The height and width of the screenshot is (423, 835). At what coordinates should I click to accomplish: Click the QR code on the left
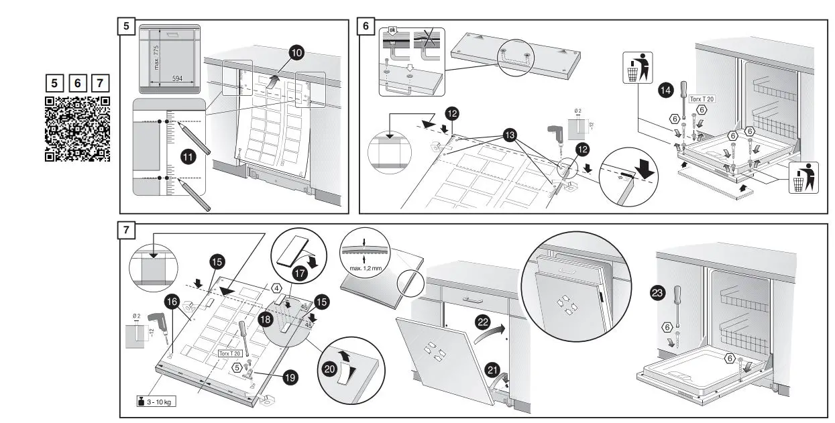[76, 129]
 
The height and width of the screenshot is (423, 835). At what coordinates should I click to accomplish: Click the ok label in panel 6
[393, 31]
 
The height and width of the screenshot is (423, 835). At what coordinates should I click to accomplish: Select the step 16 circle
[171, 302]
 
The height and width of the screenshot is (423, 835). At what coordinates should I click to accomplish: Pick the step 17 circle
[299, 273]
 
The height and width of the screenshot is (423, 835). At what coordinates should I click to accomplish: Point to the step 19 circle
[290, 377]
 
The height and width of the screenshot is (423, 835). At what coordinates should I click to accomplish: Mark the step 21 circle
[492, 369]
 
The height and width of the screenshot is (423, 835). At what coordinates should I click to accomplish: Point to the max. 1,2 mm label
[365, 268]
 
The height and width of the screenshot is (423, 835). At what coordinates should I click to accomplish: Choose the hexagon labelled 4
[276, 289]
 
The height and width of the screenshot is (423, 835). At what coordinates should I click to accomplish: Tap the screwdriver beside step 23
[678, 297]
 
